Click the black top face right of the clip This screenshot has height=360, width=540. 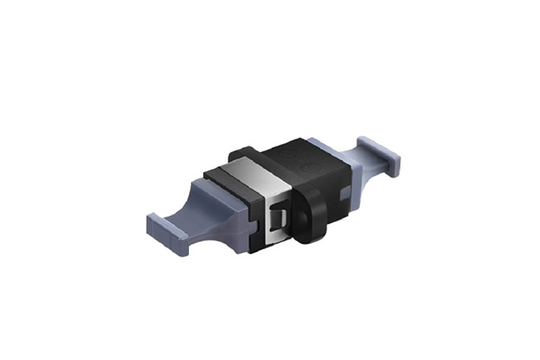pyautogui.click(x=288, y=157)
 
